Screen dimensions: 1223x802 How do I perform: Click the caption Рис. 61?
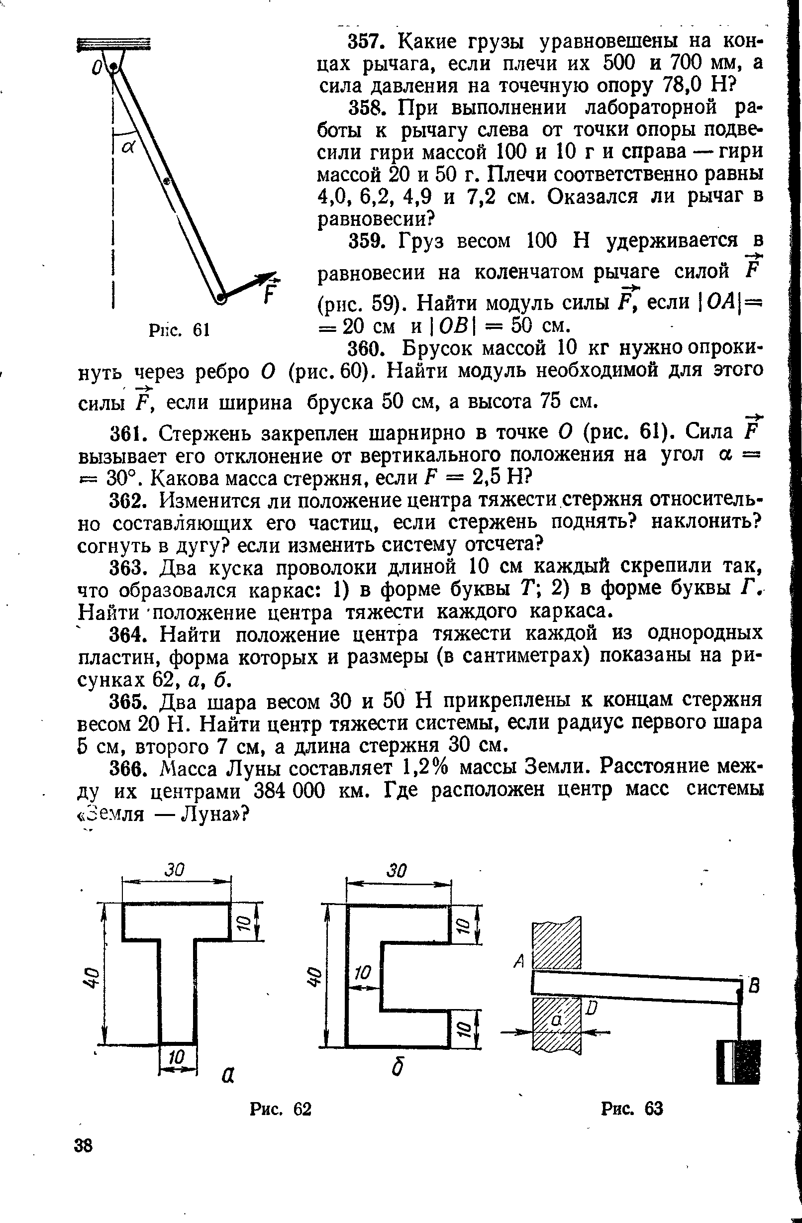coord(179,329)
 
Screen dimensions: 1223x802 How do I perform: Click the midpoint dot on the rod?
coord(167,181)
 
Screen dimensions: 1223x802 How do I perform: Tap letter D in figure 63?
coord(592,1008)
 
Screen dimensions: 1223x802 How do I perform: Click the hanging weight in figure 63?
coord(738,1062)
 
